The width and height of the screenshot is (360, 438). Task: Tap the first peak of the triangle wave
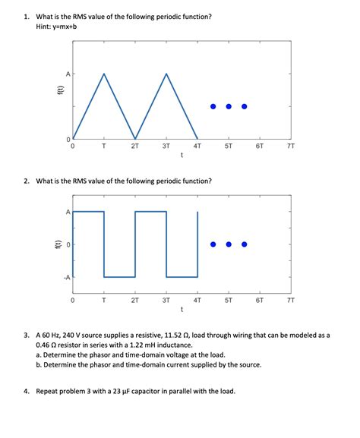(x=104, y=74)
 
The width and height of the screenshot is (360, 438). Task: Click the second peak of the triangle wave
(x=166, y=74)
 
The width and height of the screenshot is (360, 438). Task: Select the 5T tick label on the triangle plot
(x=229, y=147)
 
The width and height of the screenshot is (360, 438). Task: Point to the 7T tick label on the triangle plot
(x=291, y=147)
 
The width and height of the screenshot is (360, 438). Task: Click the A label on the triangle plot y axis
(x=68, y=74)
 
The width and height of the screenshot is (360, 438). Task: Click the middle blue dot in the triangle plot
(x=229, y=106)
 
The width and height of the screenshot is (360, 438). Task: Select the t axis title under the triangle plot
(x=182, y=156)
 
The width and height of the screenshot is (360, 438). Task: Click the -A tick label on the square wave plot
(x=66, y=277)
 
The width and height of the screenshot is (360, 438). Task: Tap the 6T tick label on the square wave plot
(x=260, y=301)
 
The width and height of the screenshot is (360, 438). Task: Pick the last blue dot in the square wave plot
(x=244, y=244)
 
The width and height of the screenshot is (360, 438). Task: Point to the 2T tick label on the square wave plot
(x=135, y=301)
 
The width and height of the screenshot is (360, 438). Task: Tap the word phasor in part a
(x=95, y=354)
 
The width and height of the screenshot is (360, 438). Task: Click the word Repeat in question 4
(x=48, y=392)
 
